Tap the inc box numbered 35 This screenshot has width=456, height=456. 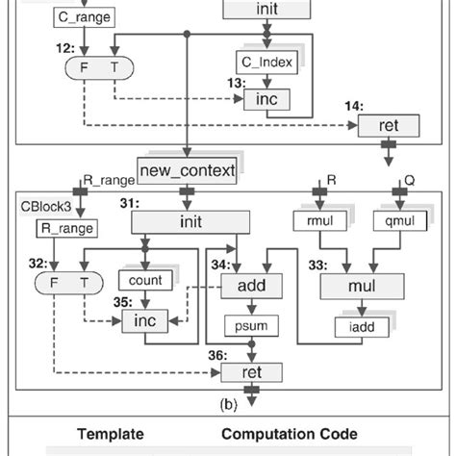pos(145,319)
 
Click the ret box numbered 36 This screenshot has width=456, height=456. pos(252,372)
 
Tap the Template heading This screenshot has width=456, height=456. pos(111,434)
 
